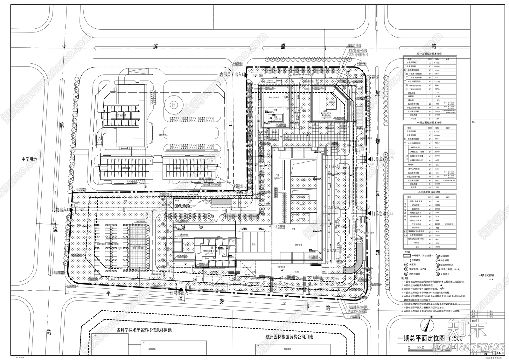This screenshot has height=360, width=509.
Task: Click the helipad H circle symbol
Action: coord(174,104)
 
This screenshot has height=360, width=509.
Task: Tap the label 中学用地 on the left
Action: coord(29,159)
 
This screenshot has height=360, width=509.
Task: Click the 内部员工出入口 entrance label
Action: coord(232,74)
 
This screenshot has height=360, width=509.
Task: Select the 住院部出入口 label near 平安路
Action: coord(180,292)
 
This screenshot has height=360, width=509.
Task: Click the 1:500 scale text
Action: coord(455,338)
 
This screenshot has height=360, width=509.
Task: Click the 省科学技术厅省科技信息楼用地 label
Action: coord(144,331)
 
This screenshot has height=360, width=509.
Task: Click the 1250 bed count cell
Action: coord(437,118)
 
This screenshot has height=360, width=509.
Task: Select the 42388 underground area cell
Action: coord(437,70)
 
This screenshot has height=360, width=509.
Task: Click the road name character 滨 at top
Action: coord(156,46)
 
